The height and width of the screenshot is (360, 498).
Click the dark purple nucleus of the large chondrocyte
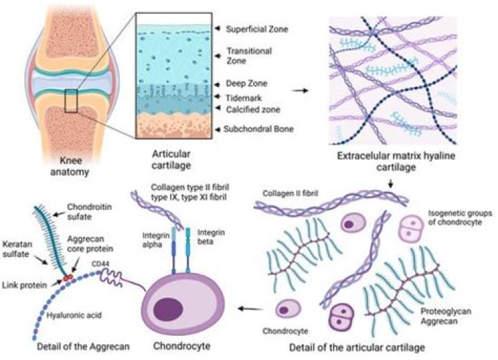(169, 309)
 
